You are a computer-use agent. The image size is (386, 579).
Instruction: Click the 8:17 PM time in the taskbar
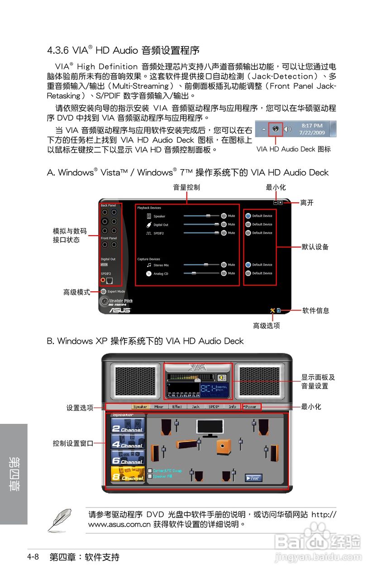[312, 125]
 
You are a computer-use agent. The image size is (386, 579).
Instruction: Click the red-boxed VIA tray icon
[275, 129]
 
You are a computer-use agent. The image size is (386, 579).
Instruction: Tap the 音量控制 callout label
[186, 187]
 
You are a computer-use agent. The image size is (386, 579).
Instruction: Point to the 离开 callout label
[307, 203]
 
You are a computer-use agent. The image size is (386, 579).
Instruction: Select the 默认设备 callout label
[315, 247]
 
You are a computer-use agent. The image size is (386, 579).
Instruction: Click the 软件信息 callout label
[316, 310]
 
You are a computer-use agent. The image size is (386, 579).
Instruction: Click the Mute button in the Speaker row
[224, 216]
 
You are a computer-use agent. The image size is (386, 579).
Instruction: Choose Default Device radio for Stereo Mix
[248, 265]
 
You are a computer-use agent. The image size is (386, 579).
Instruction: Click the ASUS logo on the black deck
[120, 310]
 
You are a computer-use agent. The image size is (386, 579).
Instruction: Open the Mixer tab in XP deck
[159, 406]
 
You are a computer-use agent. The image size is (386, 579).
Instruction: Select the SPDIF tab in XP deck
[214, 406]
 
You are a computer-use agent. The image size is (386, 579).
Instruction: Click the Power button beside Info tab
[250, 406]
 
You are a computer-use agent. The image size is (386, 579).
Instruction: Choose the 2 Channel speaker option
[128, 426]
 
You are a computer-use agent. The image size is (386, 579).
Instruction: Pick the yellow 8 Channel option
[128, 475]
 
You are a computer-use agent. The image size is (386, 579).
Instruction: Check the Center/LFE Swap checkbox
[150, 470]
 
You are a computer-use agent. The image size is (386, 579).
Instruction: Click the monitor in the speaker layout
[210, 427]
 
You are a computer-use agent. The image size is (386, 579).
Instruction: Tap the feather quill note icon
[60, 520]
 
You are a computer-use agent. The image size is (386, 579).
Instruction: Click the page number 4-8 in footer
[33, 557]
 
